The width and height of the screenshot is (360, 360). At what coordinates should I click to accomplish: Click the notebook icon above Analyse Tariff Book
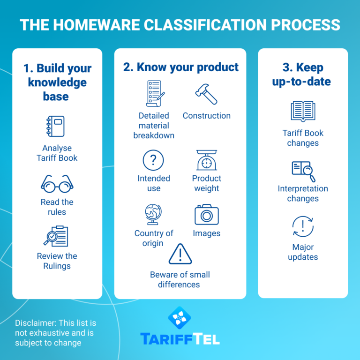click(x=57, y=126)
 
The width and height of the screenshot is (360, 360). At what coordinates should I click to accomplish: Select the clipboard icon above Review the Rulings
click(x=57, y=236)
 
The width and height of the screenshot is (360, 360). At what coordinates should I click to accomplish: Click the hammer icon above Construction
click(x=206, y=94)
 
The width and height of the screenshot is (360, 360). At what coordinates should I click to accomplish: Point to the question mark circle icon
click(x=153, y=161)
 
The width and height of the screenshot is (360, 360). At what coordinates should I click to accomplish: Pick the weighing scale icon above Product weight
click(x=206, y=161)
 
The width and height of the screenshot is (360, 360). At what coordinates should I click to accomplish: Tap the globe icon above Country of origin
click(x=153, y=215)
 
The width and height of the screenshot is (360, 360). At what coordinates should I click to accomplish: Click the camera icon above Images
click(x=206, y=215)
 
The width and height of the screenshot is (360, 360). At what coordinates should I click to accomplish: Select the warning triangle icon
click(x=180, y=254)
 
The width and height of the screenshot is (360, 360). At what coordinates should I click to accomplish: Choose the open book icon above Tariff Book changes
click(x=303, y=112)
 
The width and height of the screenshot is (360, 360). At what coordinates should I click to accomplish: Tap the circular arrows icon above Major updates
click(x=303, y=226)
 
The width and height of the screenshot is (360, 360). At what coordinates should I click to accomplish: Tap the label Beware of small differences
click(x=180, y=279)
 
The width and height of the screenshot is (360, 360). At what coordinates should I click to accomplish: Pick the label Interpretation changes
click(x=303, y=194)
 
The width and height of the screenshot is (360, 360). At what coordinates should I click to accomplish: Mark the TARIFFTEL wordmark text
click(x=180, y=339)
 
